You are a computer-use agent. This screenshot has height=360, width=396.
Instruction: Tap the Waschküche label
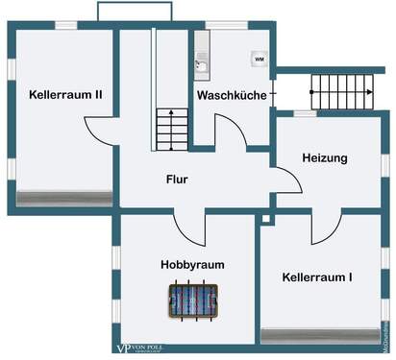tap(231, 96)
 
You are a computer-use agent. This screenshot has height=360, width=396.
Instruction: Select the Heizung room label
tap(324, 157)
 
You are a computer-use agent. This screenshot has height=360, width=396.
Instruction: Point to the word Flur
tap(177, 179)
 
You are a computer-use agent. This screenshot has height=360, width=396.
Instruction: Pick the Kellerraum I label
tap(317, 277)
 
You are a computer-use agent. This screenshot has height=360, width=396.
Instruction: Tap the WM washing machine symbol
tap(259, 60)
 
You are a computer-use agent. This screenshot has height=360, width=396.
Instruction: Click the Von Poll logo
tap(144, 347)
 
